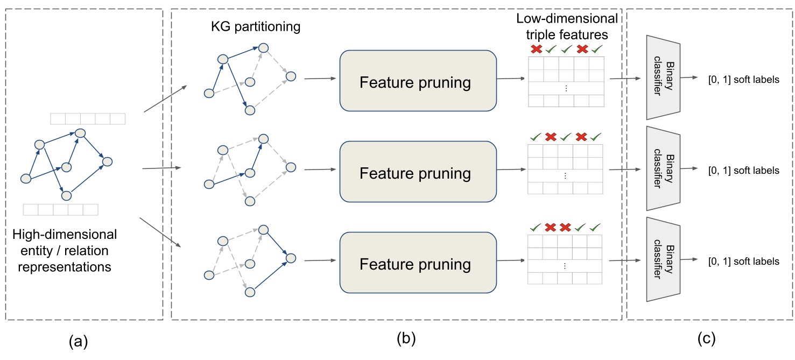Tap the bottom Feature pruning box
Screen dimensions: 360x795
[417, 264]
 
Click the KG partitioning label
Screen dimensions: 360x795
[255, 27]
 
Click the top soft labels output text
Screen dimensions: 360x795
[743, 80]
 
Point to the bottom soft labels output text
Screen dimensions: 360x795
[743, 262]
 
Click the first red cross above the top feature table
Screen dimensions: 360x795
[536, 50]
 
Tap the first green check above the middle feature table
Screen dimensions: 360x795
[536, 138]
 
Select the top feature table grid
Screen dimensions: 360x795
[566, 81]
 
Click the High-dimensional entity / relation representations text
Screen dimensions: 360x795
[64, 250]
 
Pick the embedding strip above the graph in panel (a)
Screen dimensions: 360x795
[87, 119]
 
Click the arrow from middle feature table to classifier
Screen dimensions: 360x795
[625, 170]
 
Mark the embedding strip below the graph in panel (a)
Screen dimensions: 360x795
[61, 209]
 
